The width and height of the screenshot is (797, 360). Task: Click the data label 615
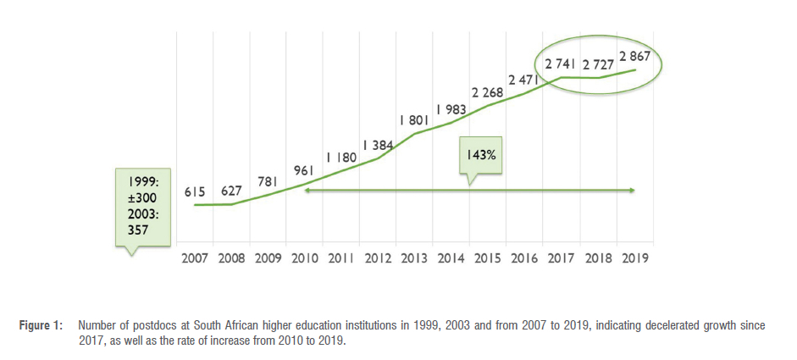coord(196,193)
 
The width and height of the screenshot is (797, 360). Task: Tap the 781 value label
coord(267,182)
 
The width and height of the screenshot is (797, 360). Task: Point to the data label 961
coord(304,171)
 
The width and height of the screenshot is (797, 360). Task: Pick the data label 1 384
coord(378,145)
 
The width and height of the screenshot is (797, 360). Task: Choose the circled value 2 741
coord(562,64)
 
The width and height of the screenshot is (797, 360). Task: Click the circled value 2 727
coord(599,64)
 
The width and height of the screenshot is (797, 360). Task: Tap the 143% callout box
coord(479,157)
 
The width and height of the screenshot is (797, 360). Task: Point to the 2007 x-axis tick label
coord(195,258)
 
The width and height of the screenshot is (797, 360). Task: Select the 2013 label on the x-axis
coord(414,258)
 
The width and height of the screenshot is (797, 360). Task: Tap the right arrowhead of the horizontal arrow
coord(633,191)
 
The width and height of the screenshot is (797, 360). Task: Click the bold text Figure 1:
coord(43,325)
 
